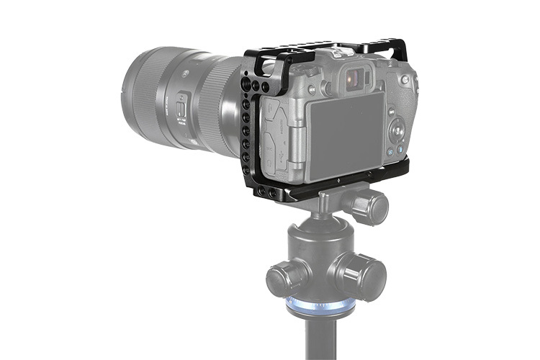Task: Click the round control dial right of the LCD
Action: click(397, 132)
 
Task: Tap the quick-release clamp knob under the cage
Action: click(369, 206)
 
